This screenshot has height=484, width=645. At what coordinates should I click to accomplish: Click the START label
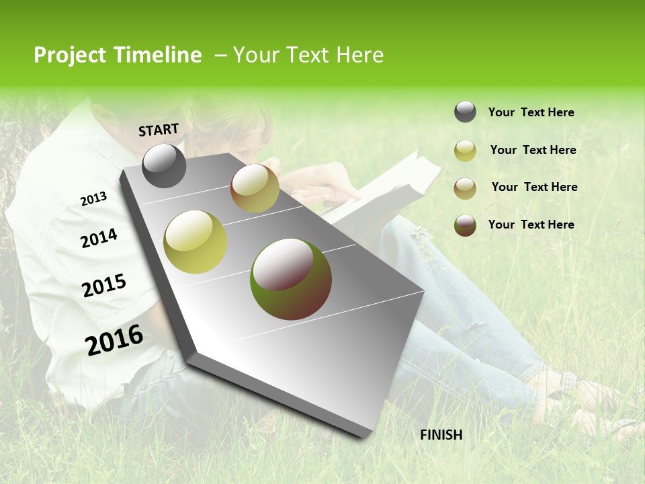point(159,130)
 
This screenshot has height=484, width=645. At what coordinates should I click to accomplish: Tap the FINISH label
point(441,435)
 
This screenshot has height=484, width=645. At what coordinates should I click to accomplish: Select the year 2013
point(93,199)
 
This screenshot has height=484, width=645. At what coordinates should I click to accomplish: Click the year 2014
point(99,239)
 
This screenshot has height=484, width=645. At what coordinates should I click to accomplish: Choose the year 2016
point(114,340)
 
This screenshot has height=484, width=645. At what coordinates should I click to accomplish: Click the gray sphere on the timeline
point(165,165)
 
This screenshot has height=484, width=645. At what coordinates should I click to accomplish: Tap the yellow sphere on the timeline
point(195,242)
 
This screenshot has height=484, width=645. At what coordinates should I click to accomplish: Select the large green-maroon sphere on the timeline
point(290,279)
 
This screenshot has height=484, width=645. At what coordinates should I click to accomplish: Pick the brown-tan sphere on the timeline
point(255,188)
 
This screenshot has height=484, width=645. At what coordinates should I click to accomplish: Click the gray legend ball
point(465,112)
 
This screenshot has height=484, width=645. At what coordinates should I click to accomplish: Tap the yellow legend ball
point(465,151)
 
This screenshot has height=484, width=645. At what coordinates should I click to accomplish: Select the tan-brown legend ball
point(465,188)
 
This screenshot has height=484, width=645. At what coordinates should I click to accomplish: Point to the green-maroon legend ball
point(465,225)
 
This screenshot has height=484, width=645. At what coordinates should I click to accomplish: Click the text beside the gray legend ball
point(531,112)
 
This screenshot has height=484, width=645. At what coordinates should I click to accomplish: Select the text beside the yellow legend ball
point(533,150)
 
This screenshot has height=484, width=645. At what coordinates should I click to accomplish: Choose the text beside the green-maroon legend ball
point(531,225)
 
